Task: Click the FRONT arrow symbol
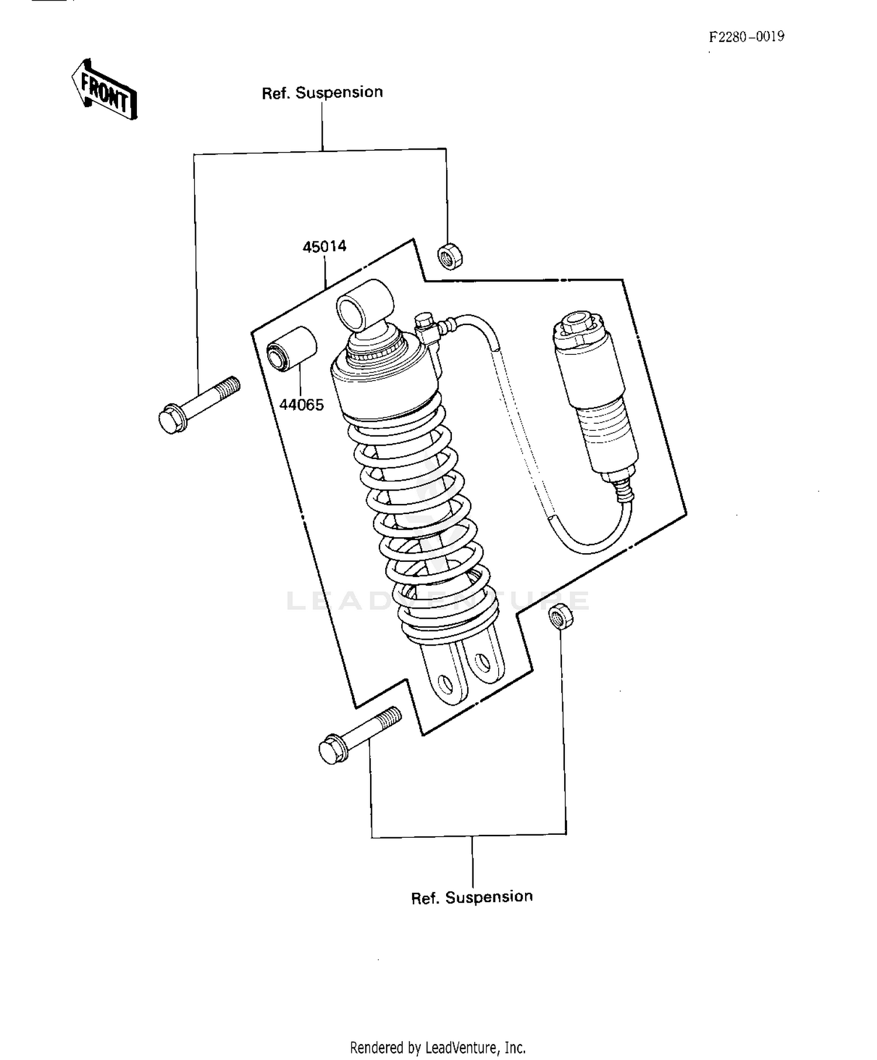(104, 89)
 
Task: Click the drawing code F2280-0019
(747, 37)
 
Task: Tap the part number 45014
(324, 247)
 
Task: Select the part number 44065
(302, 405)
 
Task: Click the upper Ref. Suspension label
(322, 93)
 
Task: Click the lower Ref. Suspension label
(472, 897)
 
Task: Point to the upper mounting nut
(449, 255)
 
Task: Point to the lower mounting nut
(561, 616)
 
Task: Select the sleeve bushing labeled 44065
(291, 349)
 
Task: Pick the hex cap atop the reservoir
(576, 324)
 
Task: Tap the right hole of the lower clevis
(482, 662)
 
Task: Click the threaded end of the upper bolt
(227, 387)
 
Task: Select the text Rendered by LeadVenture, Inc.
(437, 1047)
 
